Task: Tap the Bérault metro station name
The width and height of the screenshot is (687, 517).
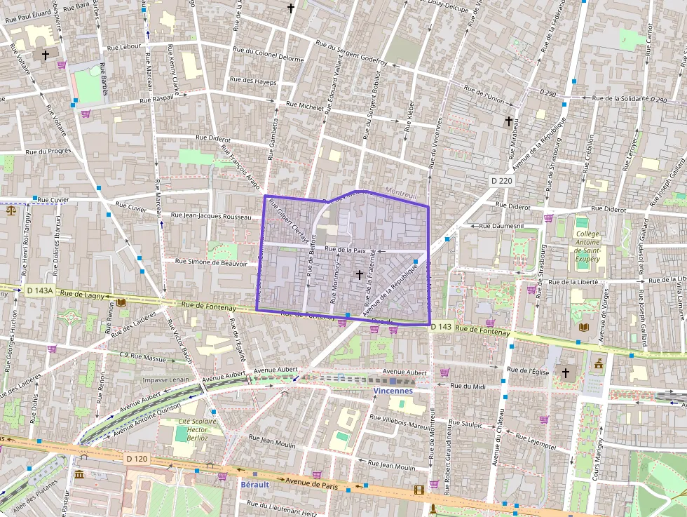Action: [x=254, y=484]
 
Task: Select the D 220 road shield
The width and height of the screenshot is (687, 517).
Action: [x=502, y=181]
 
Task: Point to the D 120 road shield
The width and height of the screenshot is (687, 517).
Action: [x=138, y=458]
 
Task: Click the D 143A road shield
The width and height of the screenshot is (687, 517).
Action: [x=39, y=290]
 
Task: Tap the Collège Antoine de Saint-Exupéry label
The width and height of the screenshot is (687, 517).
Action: [x=587, y=246]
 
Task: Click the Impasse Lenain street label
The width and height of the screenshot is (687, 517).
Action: [x=165, y=380]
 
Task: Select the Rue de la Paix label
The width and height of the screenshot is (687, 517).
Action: [x=346, y=249]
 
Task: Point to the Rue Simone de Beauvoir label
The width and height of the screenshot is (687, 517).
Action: [x=211, y=263]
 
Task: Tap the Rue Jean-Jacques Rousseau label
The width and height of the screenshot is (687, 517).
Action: [x=210, y=216]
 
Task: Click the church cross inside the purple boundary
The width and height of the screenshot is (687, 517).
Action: [x=360, y=276]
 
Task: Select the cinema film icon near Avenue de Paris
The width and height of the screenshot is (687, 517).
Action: [x=419, y=490]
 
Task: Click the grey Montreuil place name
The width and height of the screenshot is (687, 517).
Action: [x=402, y=191]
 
